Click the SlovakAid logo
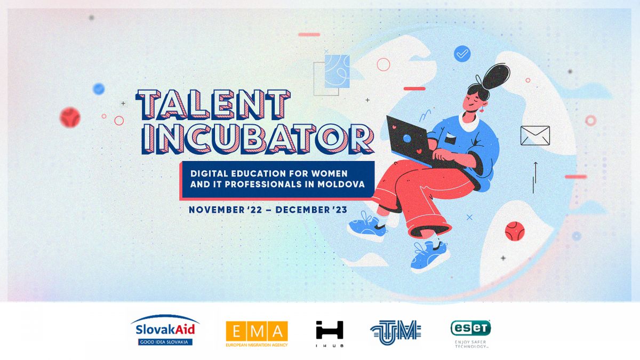point(165,330)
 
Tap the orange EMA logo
point(257,334)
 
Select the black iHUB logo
point(330,334)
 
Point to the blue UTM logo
point(396,332)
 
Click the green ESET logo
point(471,334)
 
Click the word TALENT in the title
point(213,105)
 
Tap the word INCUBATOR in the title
point(258,139)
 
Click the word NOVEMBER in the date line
point(217,210)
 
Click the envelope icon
point(535,135)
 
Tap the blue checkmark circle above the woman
point(462,54)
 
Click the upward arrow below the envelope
point(535,173)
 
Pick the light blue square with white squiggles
point(337,71)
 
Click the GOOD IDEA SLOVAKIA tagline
point(164,342)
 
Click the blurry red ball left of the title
point(70,117)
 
